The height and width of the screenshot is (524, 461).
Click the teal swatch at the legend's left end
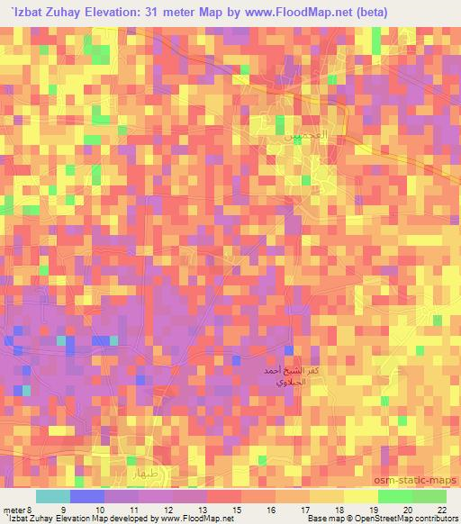pyautogui.click(x=53, y=497)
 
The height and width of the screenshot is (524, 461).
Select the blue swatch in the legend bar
pyautogui.click(x=87, y=497)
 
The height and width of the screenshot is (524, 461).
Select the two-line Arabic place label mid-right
pyautogui.click(x=289, y=376)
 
